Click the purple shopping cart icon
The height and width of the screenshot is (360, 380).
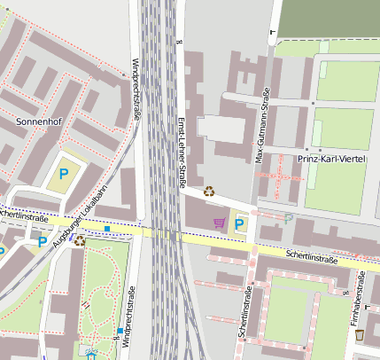[219, 223]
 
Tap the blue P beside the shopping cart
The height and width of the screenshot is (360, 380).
[238, 224]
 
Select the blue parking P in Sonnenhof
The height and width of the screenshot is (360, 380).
[63, 175]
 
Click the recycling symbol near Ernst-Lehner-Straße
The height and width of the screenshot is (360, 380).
[209, 190]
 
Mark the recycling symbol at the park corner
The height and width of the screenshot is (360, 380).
[80, 239]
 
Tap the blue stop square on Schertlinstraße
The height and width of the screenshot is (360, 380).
[107, 230]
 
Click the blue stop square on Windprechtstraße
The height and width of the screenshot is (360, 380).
[120, 332]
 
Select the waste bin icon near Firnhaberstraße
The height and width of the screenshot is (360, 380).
[359, 334]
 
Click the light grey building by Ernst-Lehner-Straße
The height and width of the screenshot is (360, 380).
[219, 129]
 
